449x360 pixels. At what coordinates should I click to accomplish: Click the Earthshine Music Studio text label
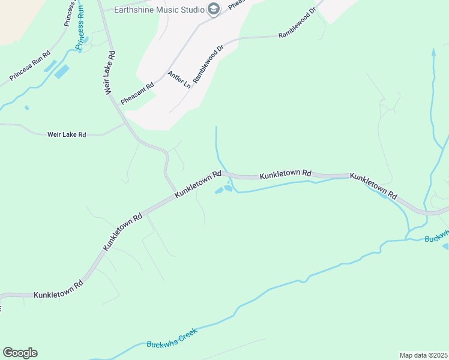pyautogui.click(x=159, y=8)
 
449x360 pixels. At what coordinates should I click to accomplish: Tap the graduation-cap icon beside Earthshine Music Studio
pyautogui.click(x=212, y=8)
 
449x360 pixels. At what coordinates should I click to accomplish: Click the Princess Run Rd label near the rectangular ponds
pyautogui.click(x=29, y=71)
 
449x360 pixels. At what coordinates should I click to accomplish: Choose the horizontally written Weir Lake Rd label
pyautogui.click(x=67, y=135)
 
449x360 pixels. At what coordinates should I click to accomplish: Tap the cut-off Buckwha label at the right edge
pyautogui.click(x=436, y=235)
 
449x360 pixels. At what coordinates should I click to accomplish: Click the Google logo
pyautogui.click(x=20, y=353)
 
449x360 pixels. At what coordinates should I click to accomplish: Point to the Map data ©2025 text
pyautogui.click(x=423, y=355)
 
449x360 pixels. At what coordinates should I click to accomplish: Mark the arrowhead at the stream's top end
pyautogui.click(x=433, y=52)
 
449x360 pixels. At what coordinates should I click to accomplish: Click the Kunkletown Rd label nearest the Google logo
pyautogui.click(x=58, y=293)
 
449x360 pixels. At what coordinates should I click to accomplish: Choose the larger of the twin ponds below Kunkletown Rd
pyautogui.click(x=228, y=188)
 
